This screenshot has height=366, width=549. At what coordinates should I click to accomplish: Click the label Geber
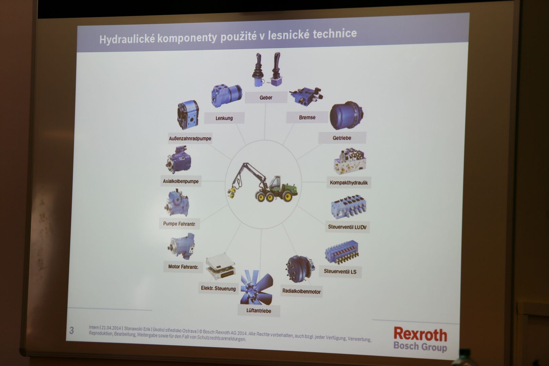(266, 98)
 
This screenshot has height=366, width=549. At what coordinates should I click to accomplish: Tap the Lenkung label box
(224, 118)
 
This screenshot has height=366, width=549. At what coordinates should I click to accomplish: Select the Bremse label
(307, 117)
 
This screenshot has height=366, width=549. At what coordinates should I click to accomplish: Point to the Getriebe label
(342, 138)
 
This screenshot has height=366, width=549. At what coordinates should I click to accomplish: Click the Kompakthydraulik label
(349, 183)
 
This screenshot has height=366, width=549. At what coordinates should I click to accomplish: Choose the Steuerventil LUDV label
(347, 227)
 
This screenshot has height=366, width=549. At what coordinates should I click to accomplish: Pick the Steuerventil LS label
(340, 272)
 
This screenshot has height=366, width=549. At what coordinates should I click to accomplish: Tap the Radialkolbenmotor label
(302, 291)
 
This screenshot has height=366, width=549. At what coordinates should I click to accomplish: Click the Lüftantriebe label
(259, 311)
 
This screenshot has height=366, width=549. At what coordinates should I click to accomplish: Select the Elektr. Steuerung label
(218, 288)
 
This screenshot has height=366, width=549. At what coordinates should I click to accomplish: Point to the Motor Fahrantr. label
(183, 267)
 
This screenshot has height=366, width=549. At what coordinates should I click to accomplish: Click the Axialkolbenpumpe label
(181, 181)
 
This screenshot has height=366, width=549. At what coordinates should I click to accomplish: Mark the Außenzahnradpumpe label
(190, 139)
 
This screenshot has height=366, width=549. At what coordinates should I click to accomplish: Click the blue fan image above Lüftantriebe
(257, 287)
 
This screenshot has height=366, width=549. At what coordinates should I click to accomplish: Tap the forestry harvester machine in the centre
(263, 183)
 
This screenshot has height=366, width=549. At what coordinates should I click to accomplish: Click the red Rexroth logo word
(420, 334)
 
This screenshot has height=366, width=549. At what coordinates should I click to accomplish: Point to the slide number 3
(72, 330)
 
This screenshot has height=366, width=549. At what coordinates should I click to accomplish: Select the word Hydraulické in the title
(127, 39)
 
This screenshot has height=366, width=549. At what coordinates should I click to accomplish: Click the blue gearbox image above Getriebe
(346, 115)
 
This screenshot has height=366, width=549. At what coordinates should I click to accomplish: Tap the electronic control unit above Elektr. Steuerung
(221, 267)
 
